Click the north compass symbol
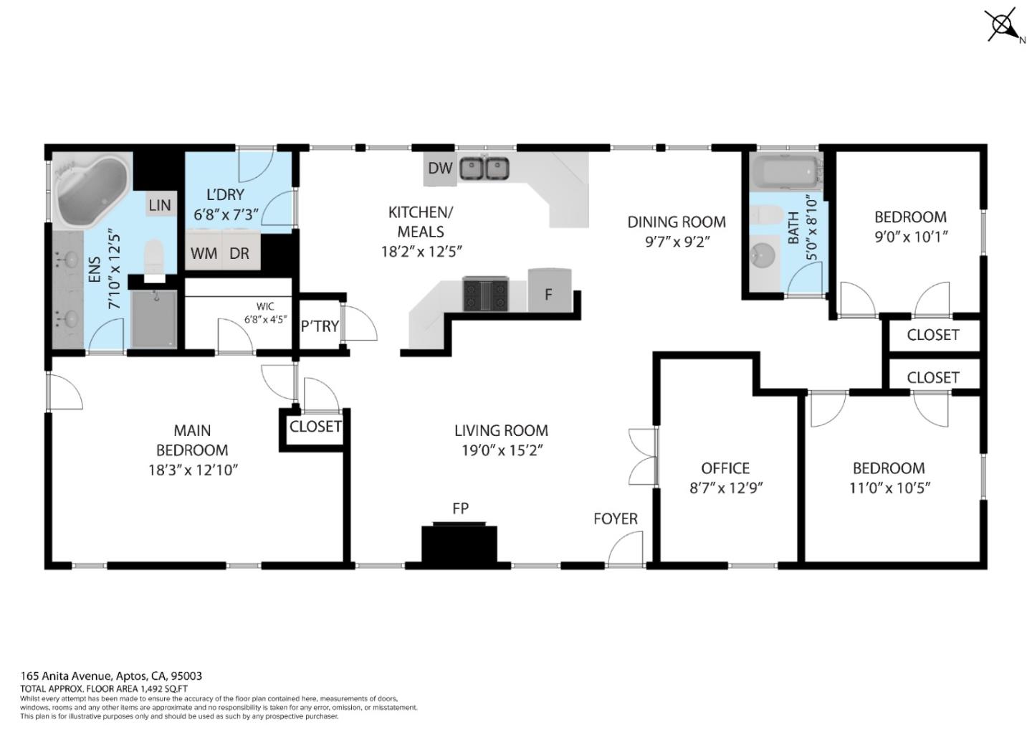pyautogui.click(x=1002, y=25)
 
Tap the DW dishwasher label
pyautogui.click(x=440, y=168)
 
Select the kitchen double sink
pyautogui.click(x=484, y=169)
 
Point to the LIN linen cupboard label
pyautogui.click(x=160, y=205)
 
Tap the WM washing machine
pyautogui.click(x=204, y=253)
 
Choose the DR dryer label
pyautogui.click(x=239, y=253)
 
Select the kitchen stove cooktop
pyautogui.click(x=485, y=294)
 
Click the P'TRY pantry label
pyautogui.click(x=320, y=326)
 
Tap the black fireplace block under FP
pyautogui.click(x=459, y=544)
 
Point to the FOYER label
pyautogui.click(x=615, y=518)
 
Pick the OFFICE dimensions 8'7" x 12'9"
pyautogui.click(x=725, y=488)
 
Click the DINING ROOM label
pyautogui.click(x=677, y=222)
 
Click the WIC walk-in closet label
pyautogui.click(x=265, y=307)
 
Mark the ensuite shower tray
pyautogui.click(x=154, y=319)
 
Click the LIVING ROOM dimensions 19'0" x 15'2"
pyautogui.click(x=501, y=450)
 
